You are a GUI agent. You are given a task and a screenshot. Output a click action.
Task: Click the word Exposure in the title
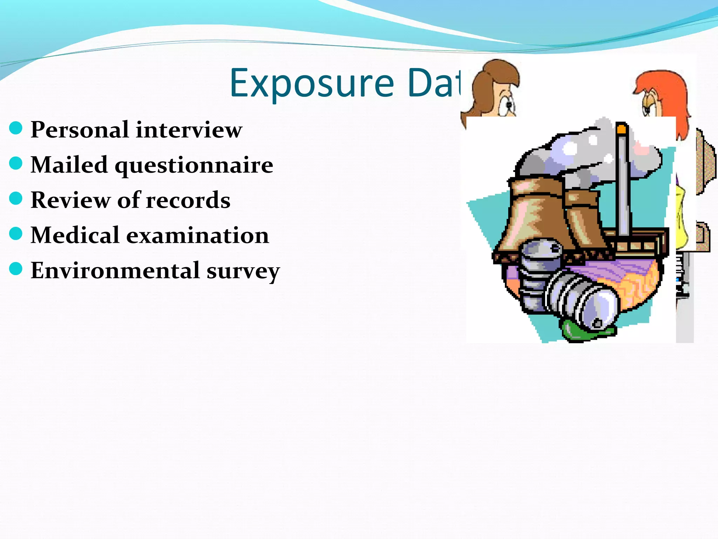(x=312, y=84)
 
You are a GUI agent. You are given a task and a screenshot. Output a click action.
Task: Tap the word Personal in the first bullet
(x=80, y=129)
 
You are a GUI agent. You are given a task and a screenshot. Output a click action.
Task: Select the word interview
(x=189, y=129)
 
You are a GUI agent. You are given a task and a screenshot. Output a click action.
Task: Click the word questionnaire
(x=194, y=165)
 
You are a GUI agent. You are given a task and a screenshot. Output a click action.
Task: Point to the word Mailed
(x=69, y=165)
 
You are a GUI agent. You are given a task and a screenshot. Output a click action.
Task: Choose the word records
(x=188, y=200)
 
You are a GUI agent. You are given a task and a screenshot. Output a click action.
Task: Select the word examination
(x=197, y=235)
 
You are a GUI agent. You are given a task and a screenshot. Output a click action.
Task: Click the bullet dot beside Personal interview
(x=16, y=128)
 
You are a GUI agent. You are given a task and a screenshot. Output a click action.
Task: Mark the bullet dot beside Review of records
(x=16, y=198)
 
